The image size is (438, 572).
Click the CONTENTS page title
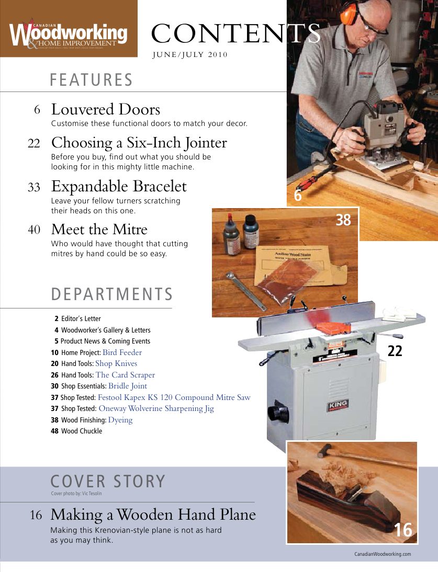(x=236, y=34)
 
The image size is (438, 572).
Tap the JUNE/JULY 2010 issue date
(x=189, y=55)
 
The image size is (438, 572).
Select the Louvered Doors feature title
(x=105, y=110)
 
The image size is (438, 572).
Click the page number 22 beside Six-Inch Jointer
(x=34, y=143)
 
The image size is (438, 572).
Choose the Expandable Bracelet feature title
(x=118, y=186)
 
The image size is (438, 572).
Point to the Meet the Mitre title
(x=99, y=230)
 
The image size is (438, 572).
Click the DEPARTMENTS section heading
(x=111, y=294)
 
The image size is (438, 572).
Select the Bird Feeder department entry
(x=122, y=352)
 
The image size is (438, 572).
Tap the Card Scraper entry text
(x=125, y=375)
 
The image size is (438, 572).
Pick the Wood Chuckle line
(x=81, y=431)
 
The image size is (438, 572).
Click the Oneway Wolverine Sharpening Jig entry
(x=156, y=409)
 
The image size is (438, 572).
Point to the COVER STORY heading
(x=108, y=481)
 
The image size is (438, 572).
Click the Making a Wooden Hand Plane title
(x=153, y=515)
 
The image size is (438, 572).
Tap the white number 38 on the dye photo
(x=343, y=221)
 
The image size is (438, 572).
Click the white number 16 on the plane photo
(x=403, y=530)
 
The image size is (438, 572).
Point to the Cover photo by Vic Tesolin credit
(x=76, y=494)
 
